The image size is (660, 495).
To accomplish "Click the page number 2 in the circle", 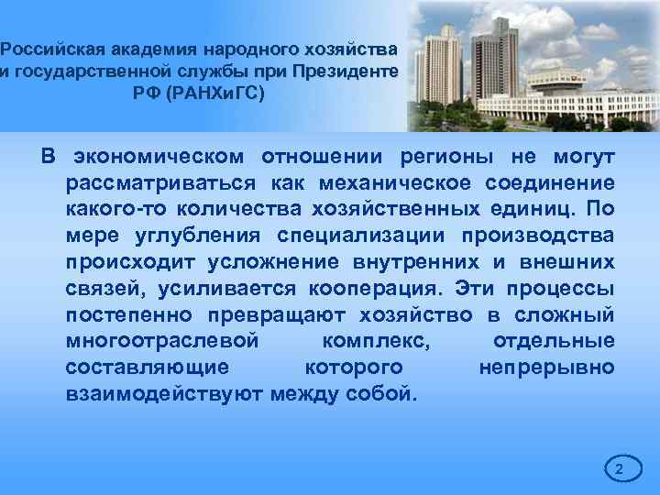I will (619, 470).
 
